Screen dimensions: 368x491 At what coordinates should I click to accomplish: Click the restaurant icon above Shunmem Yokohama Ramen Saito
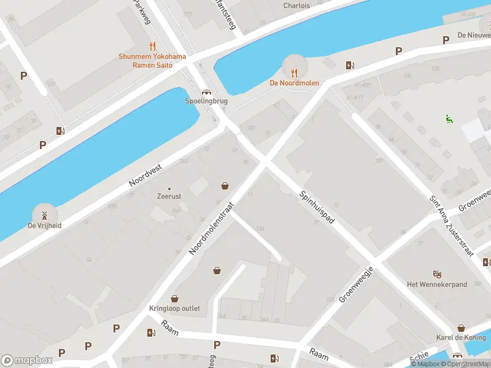152,46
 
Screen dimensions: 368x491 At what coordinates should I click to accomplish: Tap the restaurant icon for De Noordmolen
294,72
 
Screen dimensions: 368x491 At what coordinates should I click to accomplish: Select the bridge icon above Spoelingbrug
199,91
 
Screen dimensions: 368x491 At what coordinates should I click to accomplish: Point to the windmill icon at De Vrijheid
44,215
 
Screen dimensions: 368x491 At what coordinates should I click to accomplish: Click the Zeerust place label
169,196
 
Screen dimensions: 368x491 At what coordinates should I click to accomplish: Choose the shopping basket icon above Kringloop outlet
175,299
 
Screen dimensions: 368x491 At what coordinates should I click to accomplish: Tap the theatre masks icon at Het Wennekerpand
437,274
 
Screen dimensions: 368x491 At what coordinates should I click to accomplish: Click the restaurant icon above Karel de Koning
461,328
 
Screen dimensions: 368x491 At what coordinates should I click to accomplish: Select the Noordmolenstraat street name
212,229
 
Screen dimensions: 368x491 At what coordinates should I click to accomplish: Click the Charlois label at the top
296,6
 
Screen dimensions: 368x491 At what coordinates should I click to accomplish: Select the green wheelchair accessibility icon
449,120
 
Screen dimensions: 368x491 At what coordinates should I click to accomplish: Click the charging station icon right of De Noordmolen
350,65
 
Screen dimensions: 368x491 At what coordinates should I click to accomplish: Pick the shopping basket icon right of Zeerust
225,186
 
